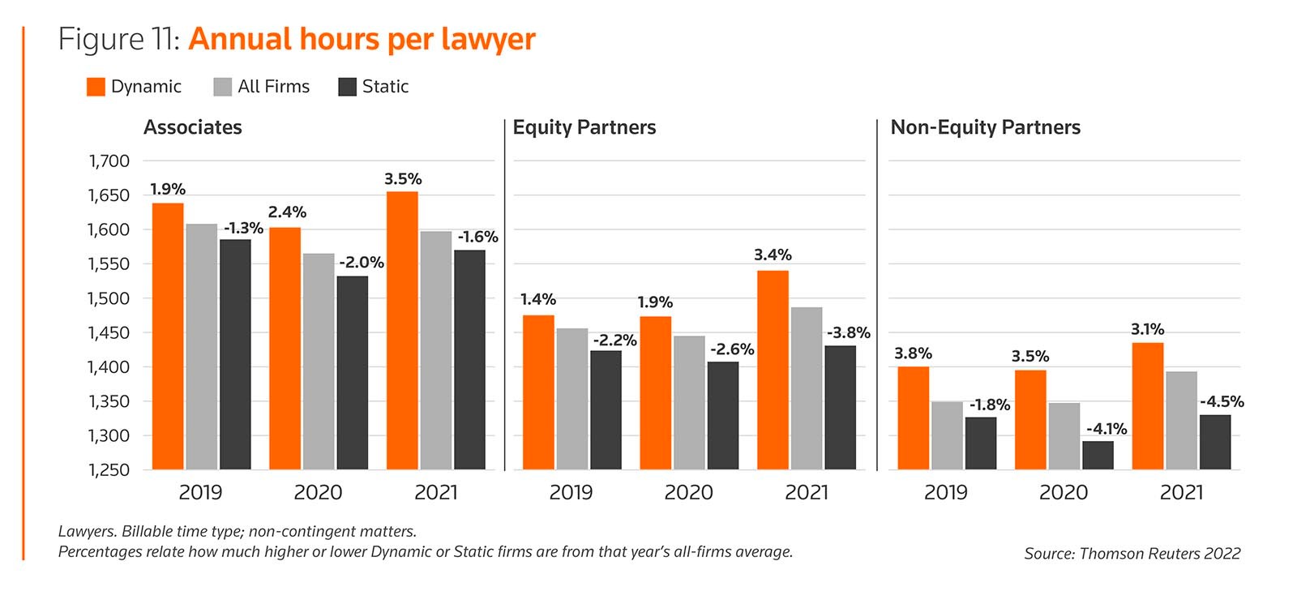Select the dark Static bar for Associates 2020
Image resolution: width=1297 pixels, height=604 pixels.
(353, 373)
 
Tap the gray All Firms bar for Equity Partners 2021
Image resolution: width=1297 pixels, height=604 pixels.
(807, 388)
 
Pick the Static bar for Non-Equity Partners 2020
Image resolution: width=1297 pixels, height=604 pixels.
(1098, 456)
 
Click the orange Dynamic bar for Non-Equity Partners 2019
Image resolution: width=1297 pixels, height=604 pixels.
(914, 418)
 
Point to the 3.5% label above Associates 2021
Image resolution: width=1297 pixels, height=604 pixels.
(403, 179)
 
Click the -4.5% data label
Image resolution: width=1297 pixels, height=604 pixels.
(1222, 402)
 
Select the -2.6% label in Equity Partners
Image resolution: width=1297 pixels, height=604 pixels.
(732, 349)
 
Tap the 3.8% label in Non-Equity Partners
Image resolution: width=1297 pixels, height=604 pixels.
(913, 353)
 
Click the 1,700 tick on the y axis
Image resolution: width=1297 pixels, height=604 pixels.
(109, 161)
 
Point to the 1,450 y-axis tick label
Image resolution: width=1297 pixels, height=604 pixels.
(109, 333)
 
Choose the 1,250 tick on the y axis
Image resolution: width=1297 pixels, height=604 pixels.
(109, 470)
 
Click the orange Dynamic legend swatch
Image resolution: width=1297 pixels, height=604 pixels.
(96, 87)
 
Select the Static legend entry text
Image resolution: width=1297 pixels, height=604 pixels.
(385, 87)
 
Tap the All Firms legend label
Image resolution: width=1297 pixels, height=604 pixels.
(273, 87)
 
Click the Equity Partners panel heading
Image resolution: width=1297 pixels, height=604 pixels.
(584, 127)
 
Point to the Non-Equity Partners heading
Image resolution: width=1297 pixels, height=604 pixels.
(985, 127)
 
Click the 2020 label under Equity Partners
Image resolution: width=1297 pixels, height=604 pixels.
(689, 492)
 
